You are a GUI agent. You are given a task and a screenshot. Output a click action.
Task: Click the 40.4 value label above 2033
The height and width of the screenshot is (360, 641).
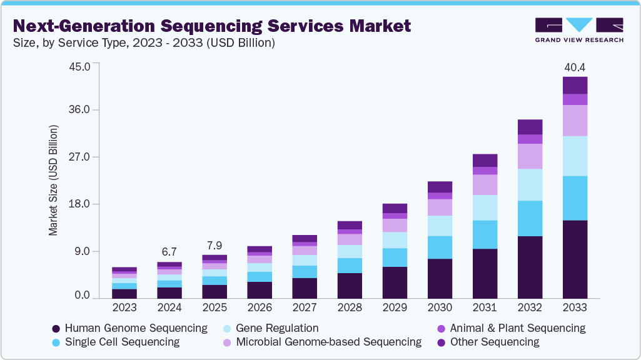click(x=575, y=67)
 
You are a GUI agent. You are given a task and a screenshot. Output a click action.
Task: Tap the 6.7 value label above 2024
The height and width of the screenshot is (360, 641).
click(x=169, y=251)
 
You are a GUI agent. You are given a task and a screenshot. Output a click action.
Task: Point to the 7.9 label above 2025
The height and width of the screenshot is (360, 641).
click(x=215, y=244)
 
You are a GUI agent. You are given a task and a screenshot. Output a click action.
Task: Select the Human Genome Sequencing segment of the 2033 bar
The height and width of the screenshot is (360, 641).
click(x=575, y=259)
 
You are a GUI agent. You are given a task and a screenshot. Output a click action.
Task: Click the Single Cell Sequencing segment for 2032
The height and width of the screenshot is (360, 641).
click(x=530, y=218)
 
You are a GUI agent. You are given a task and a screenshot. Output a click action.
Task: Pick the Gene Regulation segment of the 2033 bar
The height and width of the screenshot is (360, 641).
click(x=575, y=156)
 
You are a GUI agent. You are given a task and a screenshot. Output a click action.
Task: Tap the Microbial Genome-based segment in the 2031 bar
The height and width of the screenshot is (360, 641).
click(x=485, y=184)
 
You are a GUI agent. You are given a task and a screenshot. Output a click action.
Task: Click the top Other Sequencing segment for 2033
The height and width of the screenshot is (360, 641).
click(x=575, y=85)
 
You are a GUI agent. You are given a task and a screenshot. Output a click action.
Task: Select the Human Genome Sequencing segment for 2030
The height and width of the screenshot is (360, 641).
click(x=440, y=279)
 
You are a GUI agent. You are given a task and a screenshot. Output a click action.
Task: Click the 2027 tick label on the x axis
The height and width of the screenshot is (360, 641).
click(x=305, y=307)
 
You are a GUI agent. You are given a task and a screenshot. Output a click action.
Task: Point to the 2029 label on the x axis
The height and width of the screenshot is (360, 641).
click(x=395, y=307)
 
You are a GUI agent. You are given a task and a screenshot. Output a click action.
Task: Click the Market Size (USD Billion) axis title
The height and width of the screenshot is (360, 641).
click(x=53, y=181)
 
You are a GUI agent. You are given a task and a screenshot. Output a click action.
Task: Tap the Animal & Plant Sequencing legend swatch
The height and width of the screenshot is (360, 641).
click(x=441, y=329)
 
